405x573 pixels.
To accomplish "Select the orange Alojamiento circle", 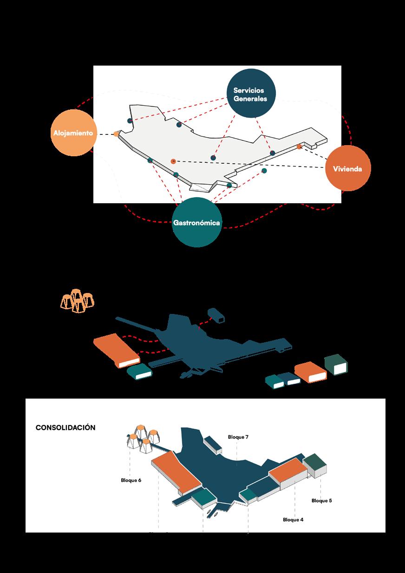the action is (x=74, y=133).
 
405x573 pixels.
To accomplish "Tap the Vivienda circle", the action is (x=347, y=168).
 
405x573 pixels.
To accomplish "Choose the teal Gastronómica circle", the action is (x=196, y=222).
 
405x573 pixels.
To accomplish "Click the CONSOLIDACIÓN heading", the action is (x=65, y=427).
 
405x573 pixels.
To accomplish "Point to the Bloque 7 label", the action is (x=238, y=437).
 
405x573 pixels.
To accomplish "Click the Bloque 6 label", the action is (x=131, y=480).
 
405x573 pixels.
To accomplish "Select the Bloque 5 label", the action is (x=321, y=501).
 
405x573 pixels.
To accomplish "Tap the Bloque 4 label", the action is (x=293, y=520).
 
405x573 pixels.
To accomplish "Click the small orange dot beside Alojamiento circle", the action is (x=116, y=134).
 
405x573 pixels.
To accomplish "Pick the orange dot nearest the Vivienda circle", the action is (x=300, y=147).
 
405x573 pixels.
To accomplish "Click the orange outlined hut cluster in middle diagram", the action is (x=78, y=301).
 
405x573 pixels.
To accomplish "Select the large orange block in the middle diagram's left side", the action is (x=116, y=349).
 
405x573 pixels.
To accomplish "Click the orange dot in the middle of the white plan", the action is (x=173, y=161).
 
